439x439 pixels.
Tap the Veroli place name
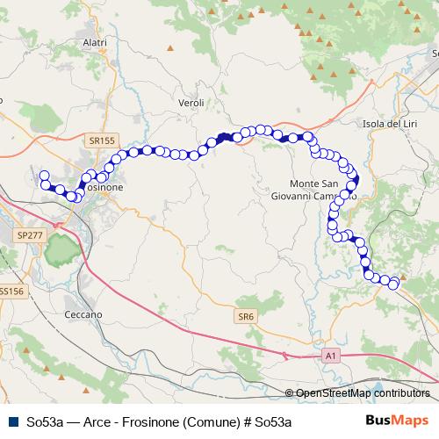point(191,103)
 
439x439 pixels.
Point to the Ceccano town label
point(84,313)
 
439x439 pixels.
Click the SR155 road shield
point(102,140)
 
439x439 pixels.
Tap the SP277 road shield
point(30,235)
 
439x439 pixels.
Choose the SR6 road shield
point(246,315)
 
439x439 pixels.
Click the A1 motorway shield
point(330,356)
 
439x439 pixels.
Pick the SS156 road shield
point(11,291)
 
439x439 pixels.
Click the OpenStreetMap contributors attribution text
point(363,393)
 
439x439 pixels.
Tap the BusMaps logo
point(398,420)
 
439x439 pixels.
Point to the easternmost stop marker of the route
point(393,283)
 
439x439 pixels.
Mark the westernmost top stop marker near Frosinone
point(44,176)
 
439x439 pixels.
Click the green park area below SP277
point(60,252)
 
